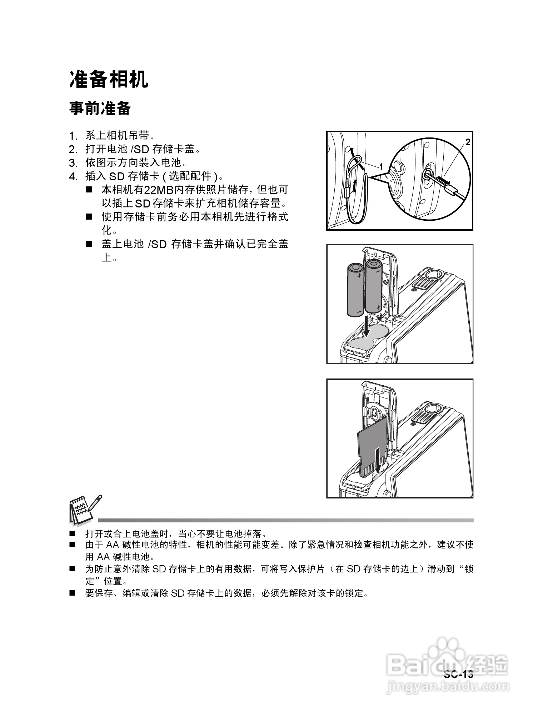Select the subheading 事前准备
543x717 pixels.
pyautogui.click(x=100, y=108)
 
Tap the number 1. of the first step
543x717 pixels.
pyautogui.click(x=73, y=136)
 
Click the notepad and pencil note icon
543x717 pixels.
pyautogui.click(x=84, y=510)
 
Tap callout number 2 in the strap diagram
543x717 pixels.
pyautogui.click(x=468, y=142)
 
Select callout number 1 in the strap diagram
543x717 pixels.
pyautogui.click(x=381, y=166)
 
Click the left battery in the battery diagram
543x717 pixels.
pyautogui.click(x=355, y=289)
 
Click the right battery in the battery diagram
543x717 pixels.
pyautogui.click(x=373, y=286)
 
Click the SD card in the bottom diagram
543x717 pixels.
pyautogui.click(x=372, y=448)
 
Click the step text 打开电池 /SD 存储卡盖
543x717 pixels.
pyautogui.click(x=143, y=149)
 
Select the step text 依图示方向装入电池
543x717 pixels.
pyautogui.click(x=136, y=163)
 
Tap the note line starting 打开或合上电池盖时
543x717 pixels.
pyautogui.click(x=175, y=534)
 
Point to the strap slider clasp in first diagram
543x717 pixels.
pyautogui.click(x=347, y=193)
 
